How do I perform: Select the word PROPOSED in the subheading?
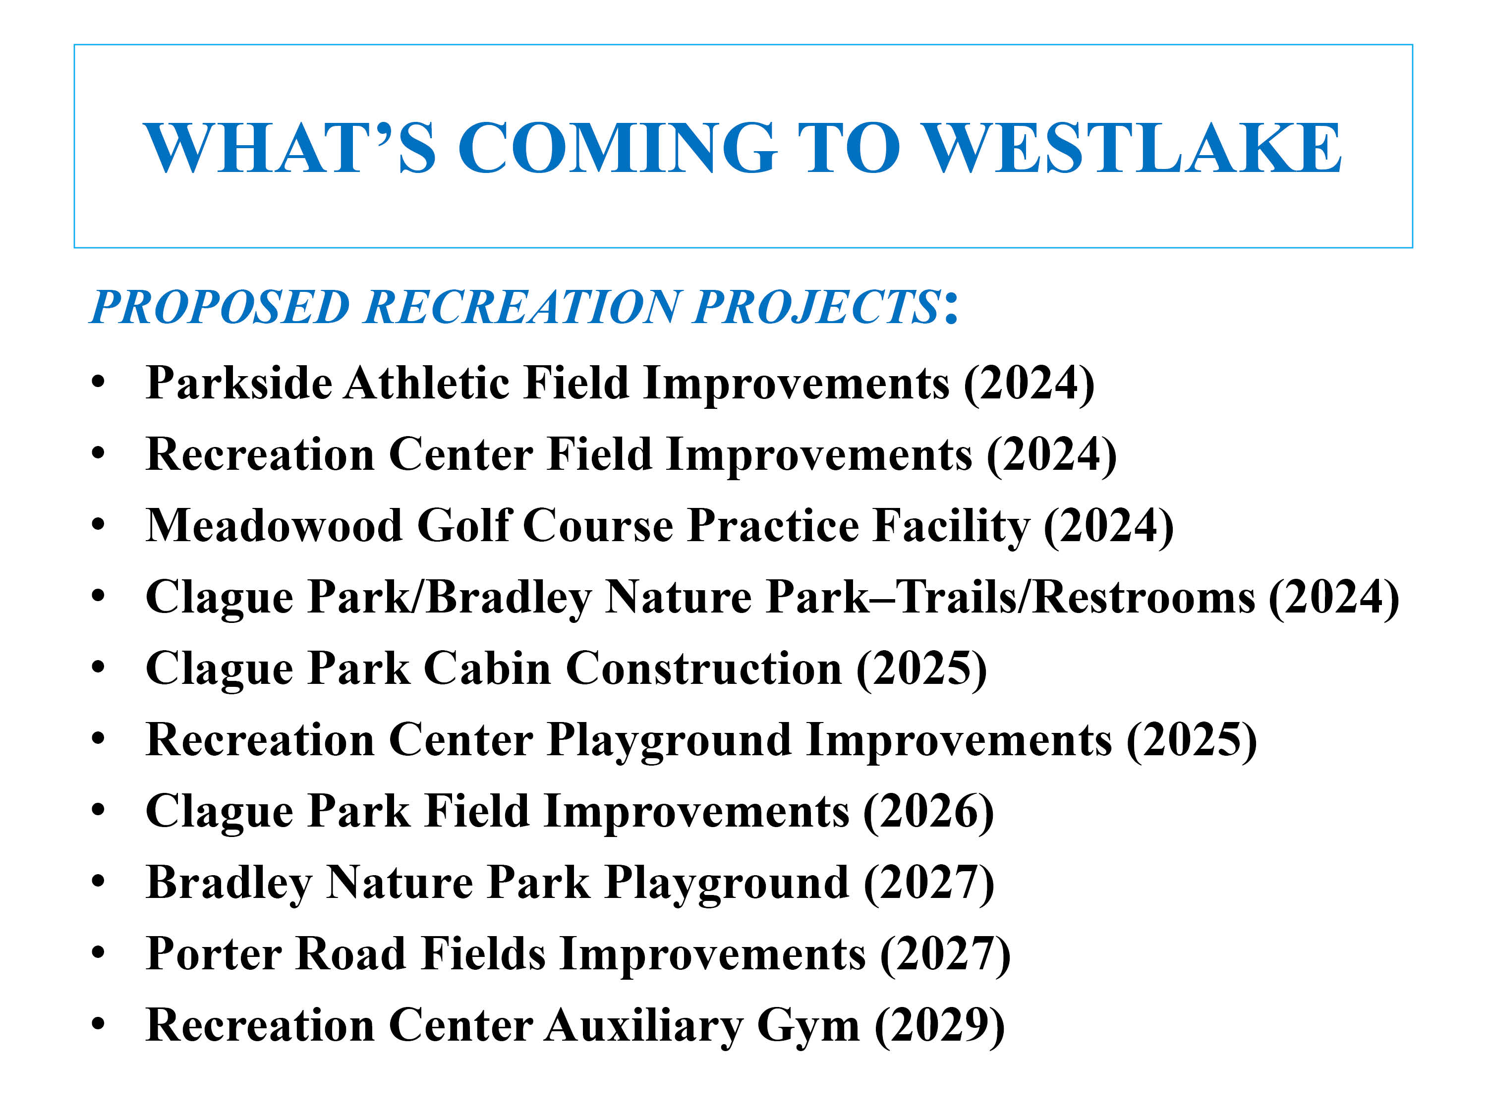pos(220,307)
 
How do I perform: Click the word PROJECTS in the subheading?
pos(817,307)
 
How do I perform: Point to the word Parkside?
pos(238,383)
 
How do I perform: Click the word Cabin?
pos(487,668)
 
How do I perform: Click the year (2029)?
pos(940,1026)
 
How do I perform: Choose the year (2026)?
pos(928,812)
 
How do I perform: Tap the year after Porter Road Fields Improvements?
pos(946,955)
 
